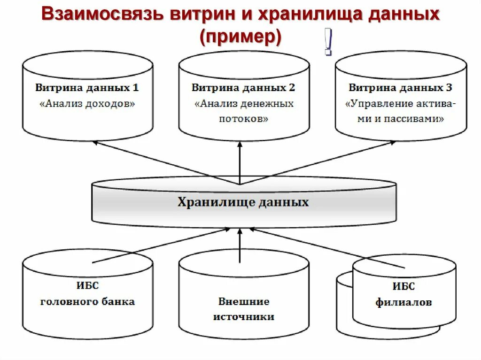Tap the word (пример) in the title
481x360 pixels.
240,37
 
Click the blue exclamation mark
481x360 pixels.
328,43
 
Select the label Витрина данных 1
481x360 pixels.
87,88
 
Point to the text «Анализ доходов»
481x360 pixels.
87,104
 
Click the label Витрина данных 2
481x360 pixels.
243,88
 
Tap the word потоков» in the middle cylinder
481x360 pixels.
243,119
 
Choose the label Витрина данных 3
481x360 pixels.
401,88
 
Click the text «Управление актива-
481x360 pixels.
401,104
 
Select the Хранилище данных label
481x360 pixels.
243,202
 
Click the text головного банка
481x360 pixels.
87,302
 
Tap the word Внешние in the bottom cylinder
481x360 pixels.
243,301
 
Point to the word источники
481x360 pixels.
243,317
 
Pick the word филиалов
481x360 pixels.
403,303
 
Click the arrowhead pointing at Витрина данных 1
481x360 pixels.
95,142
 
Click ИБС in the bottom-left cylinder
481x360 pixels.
87,286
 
